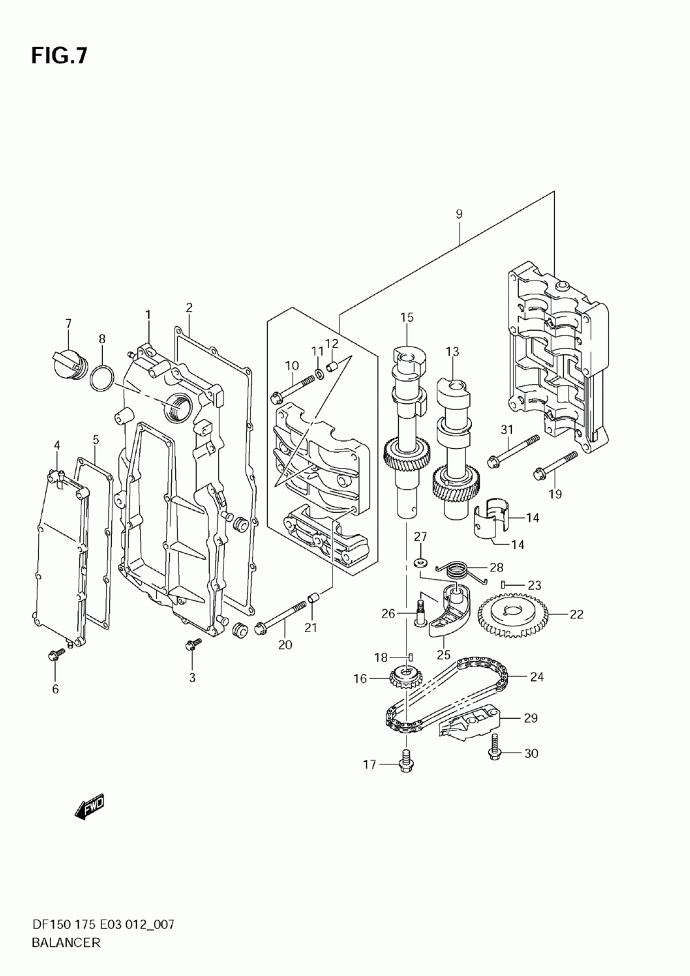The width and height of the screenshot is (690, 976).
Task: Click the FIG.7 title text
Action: [x=59, y=56]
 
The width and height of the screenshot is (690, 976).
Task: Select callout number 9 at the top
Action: [x=459, y=214]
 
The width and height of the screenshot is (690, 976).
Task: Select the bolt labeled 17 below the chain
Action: [x=405, y=762]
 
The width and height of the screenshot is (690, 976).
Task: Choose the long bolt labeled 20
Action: [x=282, y=617]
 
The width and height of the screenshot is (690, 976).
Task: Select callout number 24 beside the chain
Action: [x=537, y=677]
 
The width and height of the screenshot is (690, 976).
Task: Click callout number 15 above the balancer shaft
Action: [x=406, y=318]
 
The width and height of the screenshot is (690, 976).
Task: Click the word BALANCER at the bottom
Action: [x=66, y=942]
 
